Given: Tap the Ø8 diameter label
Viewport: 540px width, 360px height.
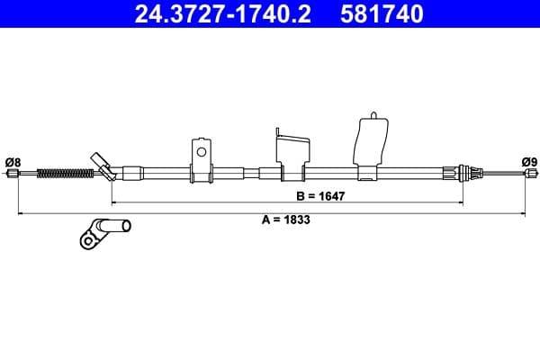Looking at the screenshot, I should pos(13,162).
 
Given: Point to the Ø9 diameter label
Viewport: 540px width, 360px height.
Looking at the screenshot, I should pos(528,162).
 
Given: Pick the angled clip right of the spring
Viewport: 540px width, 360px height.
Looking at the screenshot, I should pos(102,165).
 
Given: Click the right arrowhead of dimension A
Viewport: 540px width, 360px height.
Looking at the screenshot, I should pos(524,212).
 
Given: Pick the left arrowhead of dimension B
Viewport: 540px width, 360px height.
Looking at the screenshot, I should pos(113,202).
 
